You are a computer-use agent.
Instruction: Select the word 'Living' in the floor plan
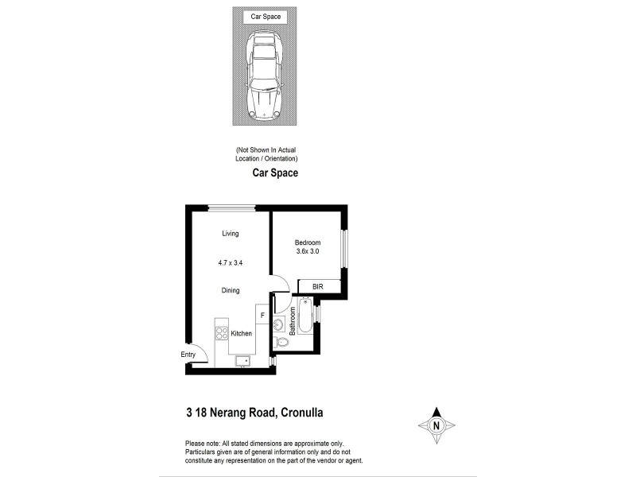pyautogui.click(x=231, y=234)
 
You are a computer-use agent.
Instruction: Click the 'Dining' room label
pyautogui.click(x=231, y=291)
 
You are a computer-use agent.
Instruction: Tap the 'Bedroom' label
pyautogui.click(x=308, y=242)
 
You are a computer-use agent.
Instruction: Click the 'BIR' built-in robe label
pyautogui.click(x=318, y=286)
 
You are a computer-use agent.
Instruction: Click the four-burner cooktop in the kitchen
pyautogui.click(x=222, y=333)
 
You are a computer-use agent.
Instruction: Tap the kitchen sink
pyautogui.click(x=243, y=362)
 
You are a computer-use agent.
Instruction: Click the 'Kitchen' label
pyautogui.click(x=242, y=334)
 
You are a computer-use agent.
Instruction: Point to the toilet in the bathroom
pyautogui.click(x=281, y=342)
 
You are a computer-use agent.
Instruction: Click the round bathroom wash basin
pyautogui.click(x=280, y=324)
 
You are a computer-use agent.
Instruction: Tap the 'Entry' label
pyautogui.click(x=188, y=355)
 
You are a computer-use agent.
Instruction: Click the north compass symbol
pyautogui.click(x=436, y=425)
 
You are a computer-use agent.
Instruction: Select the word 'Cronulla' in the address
pyautogui.click(x=301, y=412)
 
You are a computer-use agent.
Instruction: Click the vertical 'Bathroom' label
pyautogui.click(x=293, y=321)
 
